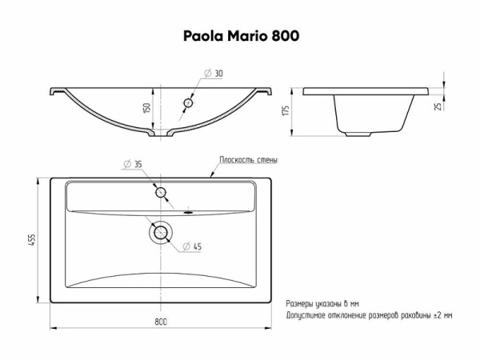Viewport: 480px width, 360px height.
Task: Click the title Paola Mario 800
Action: (x=242, y=36)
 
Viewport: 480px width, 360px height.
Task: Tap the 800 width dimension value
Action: (x=161, y=322)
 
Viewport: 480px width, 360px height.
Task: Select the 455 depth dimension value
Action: (x=33, y=240)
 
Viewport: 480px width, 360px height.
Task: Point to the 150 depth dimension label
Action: (x=147, y=108)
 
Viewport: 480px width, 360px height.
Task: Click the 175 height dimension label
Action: (x=286, y=110)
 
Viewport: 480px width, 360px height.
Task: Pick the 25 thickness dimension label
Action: (x=438, y=106)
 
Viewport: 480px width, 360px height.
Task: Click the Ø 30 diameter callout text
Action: (x=214, y=74)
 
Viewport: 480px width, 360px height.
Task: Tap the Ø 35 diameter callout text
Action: (x=133, y=164)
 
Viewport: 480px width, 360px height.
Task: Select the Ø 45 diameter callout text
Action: (x=192, y=246)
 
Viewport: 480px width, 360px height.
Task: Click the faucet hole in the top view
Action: (x=161, y=193)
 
